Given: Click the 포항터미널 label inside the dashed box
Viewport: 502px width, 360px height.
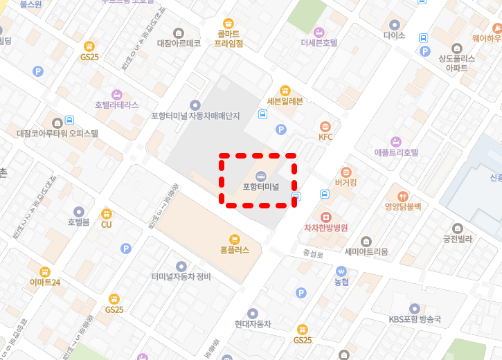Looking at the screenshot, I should click(260, 187).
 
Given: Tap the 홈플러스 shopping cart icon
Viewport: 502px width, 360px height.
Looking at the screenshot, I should click(235, 238).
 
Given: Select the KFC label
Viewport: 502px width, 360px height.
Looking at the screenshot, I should click(325, 136).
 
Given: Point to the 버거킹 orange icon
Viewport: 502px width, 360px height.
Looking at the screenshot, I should click(346, 172).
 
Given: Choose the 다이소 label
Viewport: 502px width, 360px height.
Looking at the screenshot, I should click(394, 35).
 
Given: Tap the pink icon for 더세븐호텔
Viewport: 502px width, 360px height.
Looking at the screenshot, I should click(319, 31).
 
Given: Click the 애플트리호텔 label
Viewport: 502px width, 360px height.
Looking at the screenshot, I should click(396, 152).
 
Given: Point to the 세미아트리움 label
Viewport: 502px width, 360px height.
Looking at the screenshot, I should click(366, 251).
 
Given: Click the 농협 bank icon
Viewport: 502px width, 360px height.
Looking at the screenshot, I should click(341, 271).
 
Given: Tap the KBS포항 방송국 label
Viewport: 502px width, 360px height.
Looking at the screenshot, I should click(415, 319).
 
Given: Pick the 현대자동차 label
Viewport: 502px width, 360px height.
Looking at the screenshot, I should click(252, 324).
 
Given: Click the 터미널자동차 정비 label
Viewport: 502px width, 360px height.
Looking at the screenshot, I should click(181, 277).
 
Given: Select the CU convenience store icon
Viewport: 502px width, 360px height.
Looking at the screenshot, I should click(106, 214).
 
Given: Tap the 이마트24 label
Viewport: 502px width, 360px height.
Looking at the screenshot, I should click(45, 282).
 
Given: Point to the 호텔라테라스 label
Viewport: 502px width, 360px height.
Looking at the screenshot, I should click(116, 105).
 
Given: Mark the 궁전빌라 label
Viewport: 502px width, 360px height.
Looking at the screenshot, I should click(457, 239).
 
